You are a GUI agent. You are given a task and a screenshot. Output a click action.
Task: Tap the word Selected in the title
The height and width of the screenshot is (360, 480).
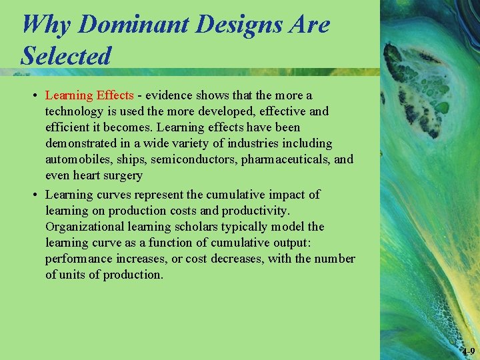pyautogui.click(x=65, y=55)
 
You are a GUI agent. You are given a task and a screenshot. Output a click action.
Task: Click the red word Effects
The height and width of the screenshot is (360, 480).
pyautogui.click(x=115, y=95)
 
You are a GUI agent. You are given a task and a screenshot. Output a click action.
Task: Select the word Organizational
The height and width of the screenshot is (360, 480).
pyautogui.click(x=83, y=227)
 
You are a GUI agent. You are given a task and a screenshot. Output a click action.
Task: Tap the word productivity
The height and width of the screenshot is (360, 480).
pyautogui.click(x=255, y=211)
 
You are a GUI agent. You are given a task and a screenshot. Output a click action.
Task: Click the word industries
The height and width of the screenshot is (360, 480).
pyautogui.click(x=235, y=143)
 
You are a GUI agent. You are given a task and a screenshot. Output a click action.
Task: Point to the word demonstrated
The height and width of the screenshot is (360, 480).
pyautogui.click(x=82, y=143)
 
